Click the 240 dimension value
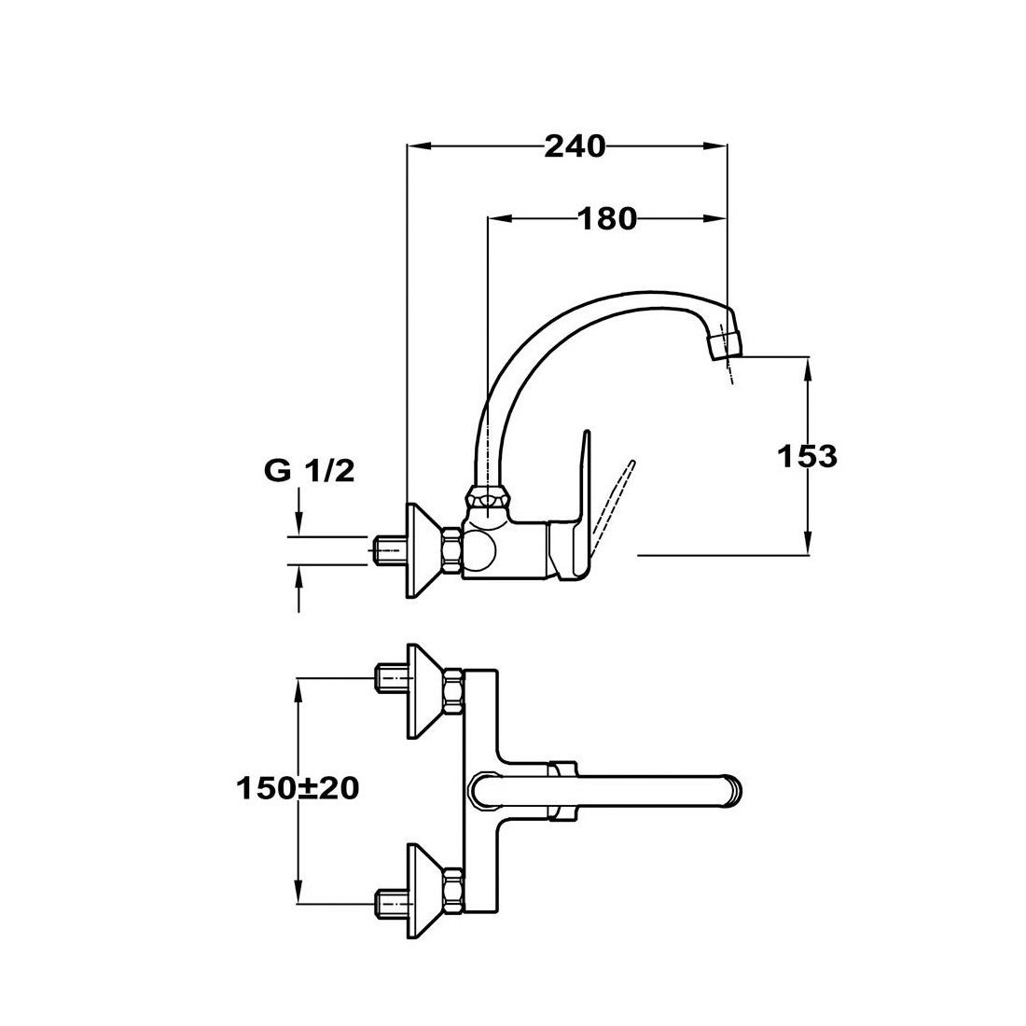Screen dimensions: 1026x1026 click(x=575, y=146)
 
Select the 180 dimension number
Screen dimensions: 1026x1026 click(x=607, y=218)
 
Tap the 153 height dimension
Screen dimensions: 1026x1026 click(x=807, y=456)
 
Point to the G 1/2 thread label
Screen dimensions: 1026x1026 click(x=310, y=470)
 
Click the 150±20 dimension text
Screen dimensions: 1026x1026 click(x=298, y=788)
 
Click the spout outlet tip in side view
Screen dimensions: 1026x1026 click(x=725, y=344)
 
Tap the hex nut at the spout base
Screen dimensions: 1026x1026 click(x=489, y=501)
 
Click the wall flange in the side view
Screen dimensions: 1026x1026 click(x=424, y=550)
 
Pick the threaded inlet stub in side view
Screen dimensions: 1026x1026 click(x=389, y=550)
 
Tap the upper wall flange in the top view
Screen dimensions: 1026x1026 click(x=426, y=692)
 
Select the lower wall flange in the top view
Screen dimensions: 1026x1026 click(x=426, y=892)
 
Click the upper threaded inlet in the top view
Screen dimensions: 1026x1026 click(x=391, y=678)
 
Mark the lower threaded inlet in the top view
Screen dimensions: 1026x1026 click(x=391, y=905)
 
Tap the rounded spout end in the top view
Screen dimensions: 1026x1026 click(x=733, y=788)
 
